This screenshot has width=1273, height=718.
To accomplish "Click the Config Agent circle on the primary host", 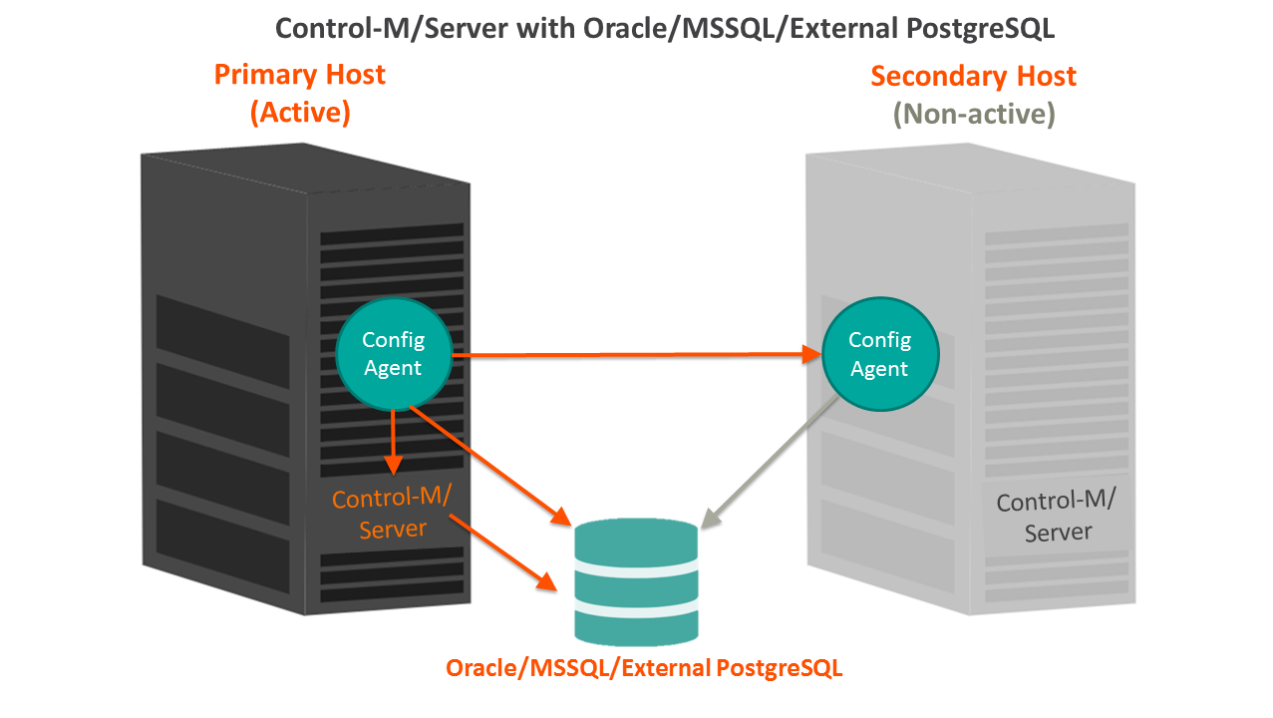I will pos(393,354).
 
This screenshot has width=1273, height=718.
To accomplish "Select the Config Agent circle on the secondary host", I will pos(879,355).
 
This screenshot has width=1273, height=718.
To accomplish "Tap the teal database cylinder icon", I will pos(637,582).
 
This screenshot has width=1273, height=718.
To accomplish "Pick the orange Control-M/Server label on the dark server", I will pos(393,514).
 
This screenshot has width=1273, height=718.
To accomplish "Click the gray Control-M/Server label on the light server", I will pos(1058,517).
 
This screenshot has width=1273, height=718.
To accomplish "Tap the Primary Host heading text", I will pos(299,75).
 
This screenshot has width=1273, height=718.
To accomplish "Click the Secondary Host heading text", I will pos(973,77).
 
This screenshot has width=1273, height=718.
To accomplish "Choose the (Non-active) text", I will pos(973,115).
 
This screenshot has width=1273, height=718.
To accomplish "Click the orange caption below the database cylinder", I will pos(644,668).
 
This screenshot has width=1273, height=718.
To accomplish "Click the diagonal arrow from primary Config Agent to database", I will pos(488,465).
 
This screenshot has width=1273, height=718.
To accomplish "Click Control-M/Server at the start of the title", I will pos(393,28).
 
